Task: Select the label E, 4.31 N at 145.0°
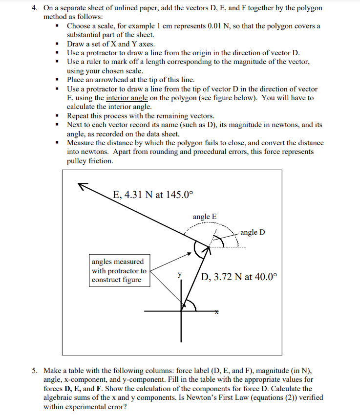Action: [x=153, y=194]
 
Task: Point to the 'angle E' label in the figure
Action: [x=205, y=217]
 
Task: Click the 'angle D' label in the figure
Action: [x=253, y=232]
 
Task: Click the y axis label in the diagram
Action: [x=179, y=275]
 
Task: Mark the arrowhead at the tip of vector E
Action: [x=81, y=185]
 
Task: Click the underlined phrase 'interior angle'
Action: [x=127, y=98]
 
